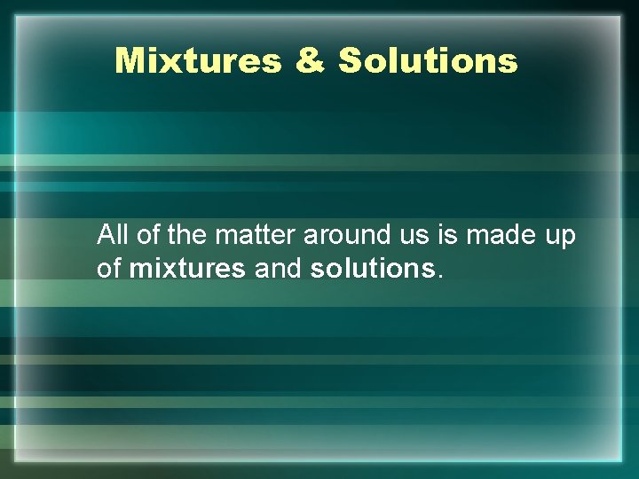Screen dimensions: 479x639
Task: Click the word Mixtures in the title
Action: pyautogui.click(x=198, y=61)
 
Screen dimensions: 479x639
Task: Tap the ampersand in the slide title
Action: pyautogui.click(x=310, y=61)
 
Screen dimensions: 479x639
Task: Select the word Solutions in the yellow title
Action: pyautogui.click(x=428, y=61)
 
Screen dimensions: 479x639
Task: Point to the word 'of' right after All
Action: pyautogui.click(x=146, y=235)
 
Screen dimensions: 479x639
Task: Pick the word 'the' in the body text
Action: pyautogui.click(x=184, y=235)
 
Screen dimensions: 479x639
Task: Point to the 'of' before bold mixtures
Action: pyautogui.click(x=109, y=269)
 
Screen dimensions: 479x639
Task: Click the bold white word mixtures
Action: pyautogui.click(x=187, y=269)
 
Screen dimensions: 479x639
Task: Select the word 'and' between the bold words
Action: pyautogui.click(x=278, y=269)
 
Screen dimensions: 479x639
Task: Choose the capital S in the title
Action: pyautogui.click(x=351, y=61)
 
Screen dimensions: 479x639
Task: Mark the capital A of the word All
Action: pyautogui.click(x=106, y=235)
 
